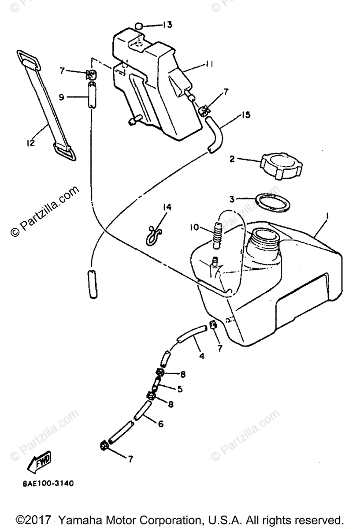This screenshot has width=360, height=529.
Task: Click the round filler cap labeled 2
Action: tap(280, 166)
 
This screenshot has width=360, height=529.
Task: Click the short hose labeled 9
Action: tap(92, 94)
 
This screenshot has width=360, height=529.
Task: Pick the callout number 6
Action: tap(160, 424)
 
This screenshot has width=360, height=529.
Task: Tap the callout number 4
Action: tap(202, 355)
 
